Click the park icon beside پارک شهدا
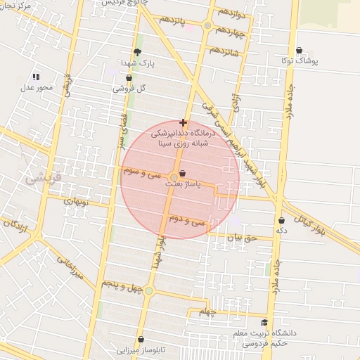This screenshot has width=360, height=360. (x=137, y=52)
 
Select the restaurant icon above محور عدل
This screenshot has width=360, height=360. (x=36, y=77)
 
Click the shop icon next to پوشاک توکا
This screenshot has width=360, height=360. (x=300, y=50)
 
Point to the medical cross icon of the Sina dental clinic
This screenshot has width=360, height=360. (x=184, y=122)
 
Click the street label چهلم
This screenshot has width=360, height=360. (x=205, y=311)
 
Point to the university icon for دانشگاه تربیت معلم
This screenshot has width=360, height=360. (x=264, y=323)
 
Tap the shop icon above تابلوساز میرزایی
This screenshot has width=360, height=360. (x=141, y=340)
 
